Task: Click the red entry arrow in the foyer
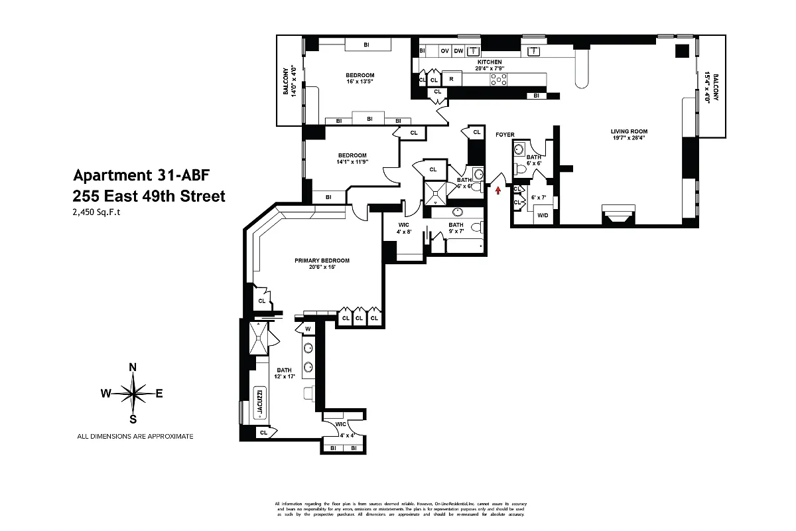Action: coord(498,191)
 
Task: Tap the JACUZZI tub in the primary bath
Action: coord(260,403)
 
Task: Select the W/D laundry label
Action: coord(543,215)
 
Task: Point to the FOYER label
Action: coord(505,135)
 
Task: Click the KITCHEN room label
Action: coord(488,62)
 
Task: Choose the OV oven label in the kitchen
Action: coord(445,51)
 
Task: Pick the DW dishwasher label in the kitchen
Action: coord(458,51)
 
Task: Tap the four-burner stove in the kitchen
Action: coord(499,80)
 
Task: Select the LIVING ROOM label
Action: coord(629,131)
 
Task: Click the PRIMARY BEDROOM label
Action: coord(322,260)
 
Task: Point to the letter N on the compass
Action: coord(133,367)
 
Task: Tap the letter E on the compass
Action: coord(159,393)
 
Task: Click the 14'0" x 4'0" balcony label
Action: coord(290,82)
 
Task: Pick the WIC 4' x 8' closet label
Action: coord(403,228)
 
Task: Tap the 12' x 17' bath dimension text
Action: coord(284,377)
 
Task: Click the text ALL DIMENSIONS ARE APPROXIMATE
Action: coord(135,436)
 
